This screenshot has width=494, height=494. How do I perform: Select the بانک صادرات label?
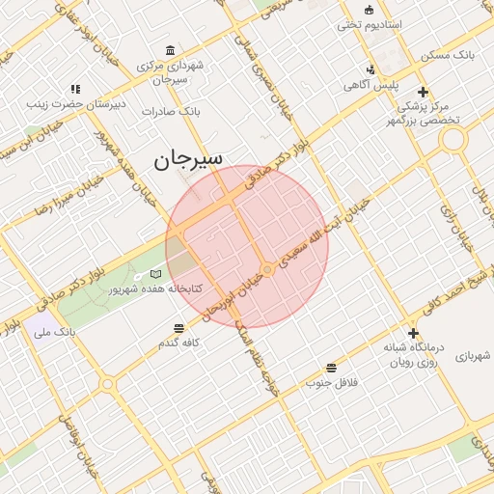click(x=170, y=111)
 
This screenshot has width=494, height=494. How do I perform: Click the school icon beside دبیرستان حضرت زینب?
click(x=76, y=90)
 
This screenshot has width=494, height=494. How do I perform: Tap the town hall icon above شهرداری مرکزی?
click(x=171, y=50)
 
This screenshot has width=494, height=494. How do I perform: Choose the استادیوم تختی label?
click(x=370, y=23)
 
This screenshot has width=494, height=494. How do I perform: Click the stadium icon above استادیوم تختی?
click(x=369, y=9)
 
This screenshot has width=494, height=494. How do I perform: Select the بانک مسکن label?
click(x=450, y=54)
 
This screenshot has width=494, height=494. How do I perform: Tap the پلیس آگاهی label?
click(x=371, y=84)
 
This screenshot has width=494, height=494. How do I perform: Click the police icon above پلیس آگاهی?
click(x=370, y=69)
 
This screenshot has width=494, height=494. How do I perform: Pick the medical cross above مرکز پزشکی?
click(x=424, y=92)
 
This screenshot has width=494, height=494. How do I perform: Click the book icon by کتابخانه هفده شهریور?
click(x=156, y=274)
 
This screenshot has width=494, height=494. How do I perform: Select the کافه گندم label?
click(x=179, y=343)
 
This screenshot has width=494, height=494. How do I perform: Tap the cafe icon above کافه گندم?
click(x=179, y=328)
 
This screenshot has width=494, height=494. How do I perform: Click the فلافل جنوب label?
click(x=332, y=382)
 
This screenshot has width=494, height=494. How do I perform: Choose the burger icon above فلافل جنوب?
click(x=332, y=368)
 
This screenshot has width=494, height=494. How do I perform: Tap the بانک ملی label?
click(x=54, y=332)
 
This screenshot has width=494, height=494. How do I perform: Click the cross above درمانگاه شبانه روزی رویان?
click(x=413, y=333)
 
